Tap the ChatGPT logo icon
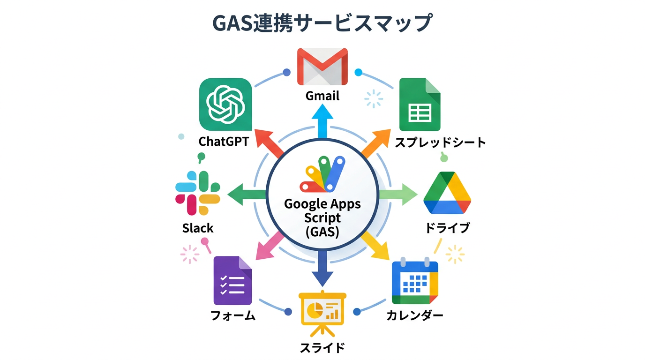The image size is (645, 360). click(225, 104)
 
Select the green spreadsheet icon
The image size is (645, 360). click(420, 105)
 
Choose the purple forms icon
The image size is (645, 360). click(232, 281)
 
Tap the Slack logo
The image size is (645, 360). click(198, 193)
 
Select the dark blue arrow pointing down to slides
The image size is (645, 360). click(322, 268)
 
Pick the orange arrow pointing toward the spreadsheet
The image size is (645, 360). click(375, 143)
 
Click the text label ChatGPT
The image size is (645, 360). click(223, 142)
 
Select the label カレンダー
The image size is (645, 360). click(415, 315)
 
